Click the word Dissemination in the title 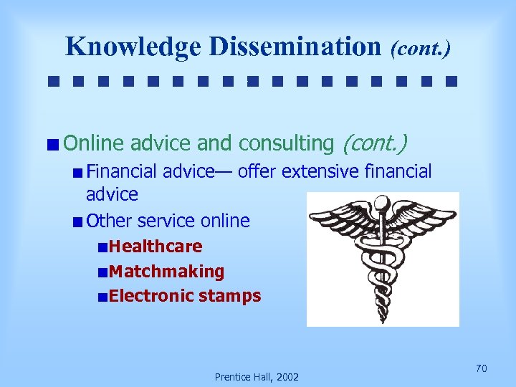(x=295, y=47)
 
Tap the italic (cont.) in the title (x=421, y=48)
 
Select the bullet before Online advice (x=55, y=145)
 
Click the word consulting (x=286, y=143)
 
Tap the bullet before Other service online (x=77, y=221)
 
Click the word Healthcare (x=156, y=247)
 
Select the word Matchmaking (x=167, y=272)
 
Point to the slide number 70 (x=482, y=368)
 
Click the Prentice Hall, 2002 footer (x=257, y=377)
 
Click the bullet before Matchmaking (x=105, y=272)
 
